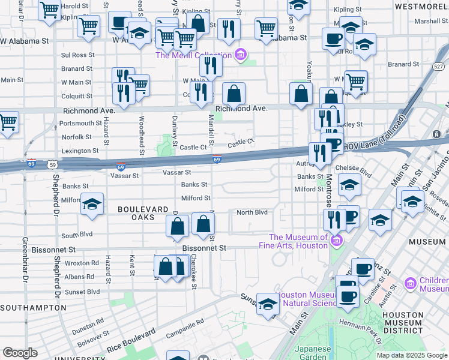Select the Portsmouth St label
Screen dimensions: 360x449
coord(77,123)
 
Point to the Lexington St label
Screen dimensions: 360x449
coord(80,151)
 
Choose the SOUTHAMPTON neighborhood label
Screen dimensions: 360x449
coord(33,307)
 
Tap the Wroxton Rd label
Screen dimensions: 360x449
coord(82,263)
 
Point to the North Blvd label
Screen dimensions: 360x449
coord(252,212)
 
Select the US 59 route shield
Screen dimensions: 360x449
coord(53,164)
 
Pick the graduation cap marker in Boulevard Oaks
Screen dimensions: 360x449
coord(92,205)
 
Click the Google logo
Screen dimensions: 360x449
coord(20,353)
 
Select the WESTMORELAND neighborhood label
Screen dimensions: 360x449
coord(421,6)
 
